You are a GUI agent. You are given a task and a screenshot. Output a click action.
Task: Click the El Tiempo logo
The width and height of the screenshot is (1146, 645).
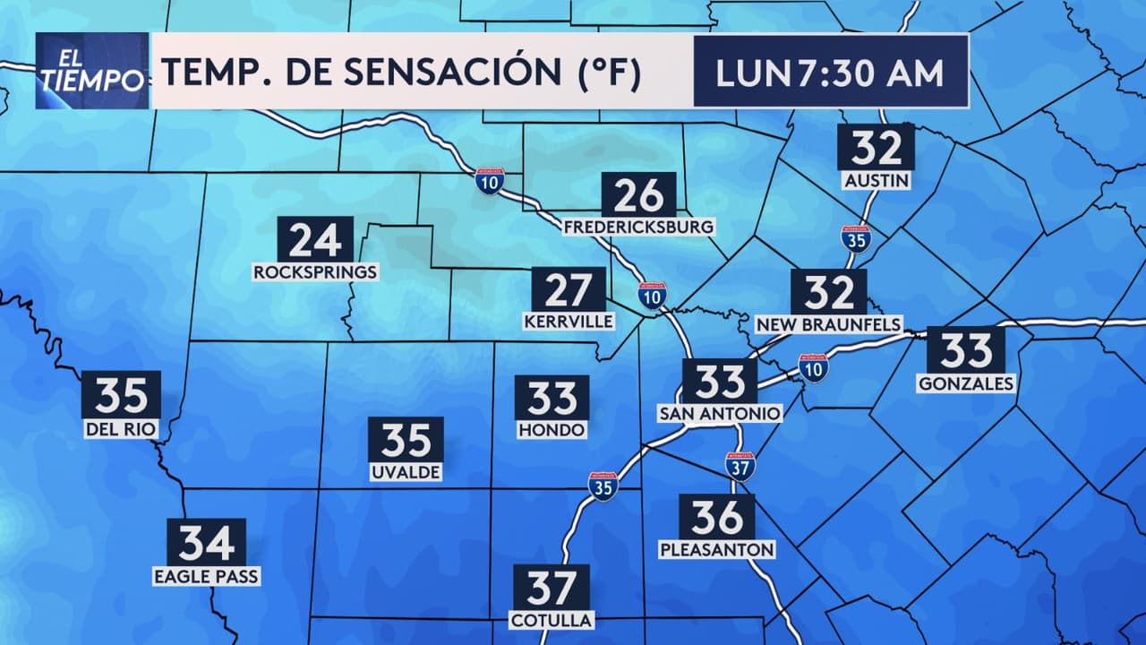click(x=92, y=71)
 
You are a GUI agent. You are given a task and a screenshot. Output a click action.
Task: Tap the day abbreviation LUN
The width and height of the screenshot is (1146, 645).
click(x=755, y=73)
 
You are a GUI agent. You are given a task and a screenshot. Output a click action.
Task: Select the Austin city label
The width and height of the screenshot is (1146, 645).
click(x=877, y=181)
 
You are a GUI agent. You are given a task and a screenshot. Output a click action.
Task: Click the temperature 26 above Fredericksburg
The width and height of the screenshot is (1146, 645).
click(x=638, y=194)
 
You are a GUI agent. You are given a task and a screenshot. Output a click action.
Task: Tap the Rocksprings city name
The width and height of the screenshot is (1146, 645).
click(x=316, y=271)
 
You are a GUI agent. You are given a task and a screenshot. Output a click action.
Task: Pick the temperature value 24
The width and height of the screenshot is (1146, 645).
click(x=315, y=240)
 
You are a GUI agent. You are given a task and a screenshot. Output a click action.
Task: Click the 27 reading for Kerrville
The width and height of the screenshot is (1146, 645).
click(x=569, y=289)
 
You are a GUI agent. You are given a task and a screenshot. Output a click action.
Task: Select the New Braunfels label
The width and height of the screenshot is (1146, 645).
click(x=829, y=323)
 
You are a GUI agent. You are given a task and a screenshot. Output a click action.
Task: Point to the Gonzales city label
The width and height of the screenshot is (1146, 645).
click(x=966, y=383)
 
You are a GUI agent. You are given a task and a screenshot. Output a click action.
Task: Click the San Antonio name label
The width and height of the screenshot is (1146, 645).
click(x=720, y=413)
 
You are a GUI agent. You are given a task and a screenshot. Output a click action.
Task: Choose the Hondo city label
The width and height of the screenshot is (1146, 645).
click(x=552, y=430)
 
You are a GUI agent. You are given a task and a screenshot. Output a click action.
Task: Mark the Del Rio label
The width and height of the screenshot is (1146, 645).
click(x=121, y=430)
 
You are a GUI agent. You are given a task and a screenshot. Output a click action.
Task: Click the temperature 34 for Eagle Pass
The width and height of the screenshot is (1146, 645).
click(x=206, y=542)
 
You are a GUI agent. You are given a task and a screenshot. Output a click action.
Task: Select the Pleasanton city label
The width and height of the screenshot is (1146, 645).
click(x=717, y=548)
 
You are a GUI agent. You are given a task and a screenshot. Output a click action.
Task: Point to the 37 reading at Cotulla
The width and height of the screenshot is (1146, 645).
click(x=552, y=588)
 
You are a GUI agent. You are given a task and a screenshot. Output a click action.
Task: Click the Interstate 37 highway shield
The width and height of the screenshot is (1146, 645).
click(x=740, y=466)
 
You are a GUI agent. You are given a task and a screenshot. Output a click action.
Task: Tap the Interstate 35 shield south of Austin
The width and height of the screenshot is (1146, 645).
click(x=857, y=238)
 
